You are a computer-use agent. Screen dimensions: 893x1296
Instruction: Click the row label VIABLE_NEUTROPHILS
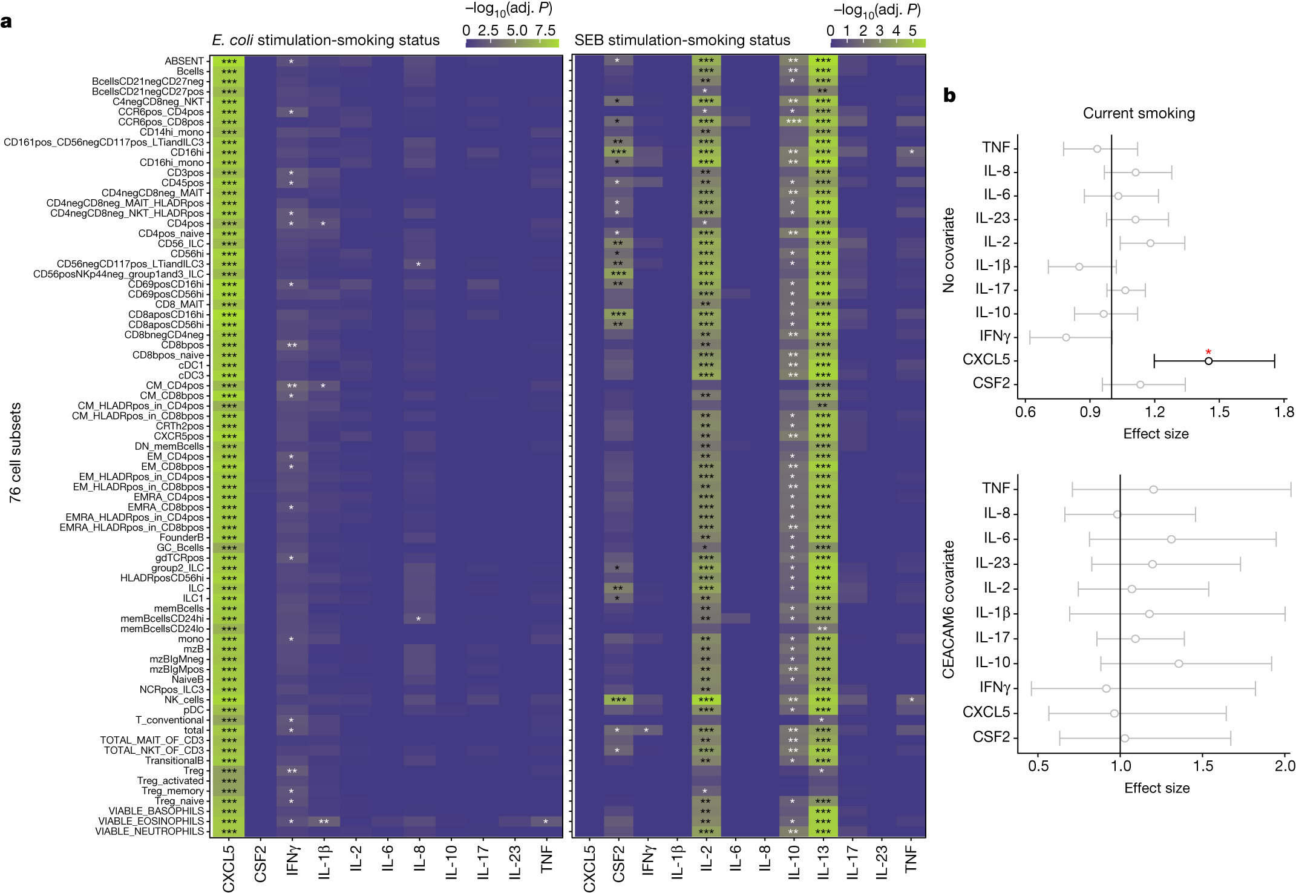click(x=149, y=831)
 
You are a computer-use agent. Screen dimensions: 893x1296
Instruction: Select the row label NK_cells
click(x=184, y=700)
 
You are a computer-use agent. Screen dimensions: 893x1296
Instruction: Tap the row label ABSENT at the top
click(x=184, y=61)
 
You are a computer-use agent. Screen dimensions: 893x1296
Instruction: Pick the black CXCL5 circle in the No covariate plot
click(x=1208, y=361)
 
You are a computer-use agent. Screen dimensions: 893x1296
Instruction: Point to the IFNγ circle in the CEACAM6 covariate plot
click(x=1106, y=688)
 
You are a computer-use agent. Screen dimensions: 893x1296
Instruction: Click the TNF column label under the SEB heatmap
click(x=911, y=860)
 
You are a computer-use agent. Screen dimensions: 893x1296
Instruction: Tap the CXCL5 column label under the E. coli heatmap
click(x=229, y=869)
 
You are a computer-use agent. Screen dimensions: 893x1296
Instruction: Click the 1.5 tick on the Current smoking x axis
click(x=1219, y=412)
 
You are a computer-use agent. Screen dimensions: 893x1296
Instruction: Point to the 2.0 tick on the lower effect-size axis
click(x=1285, y=766)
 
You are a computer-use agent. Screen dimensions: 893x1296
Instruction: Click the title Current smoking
click(x=1139, y=113)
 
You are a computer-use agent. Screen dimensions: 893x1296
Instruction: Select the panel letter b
click(x=949, y=96)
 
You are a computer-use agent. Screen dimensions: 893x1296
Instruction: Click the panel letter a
click(x=7, y=22)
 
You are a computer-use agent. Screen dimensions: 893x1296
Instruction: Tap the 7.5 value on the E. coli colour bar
click(x=545, y=30)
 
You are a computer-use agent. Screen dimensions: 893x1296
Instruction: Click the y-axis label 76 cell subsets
click(x=15, y=452)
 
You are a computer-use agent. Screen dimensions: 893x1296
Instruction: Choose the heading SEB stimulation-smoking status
click(x=682, y=41)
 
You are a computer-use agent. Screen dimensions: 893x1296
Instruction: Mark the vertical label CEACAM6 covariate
click(x=948, y=609)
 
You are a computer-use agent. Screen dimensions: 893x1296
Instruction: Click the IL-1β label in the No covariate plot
click(x=992, y=266)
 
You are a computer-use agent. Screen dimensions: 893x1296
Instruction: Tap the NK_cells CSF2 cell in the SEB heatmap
click(x=618, y=700)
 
